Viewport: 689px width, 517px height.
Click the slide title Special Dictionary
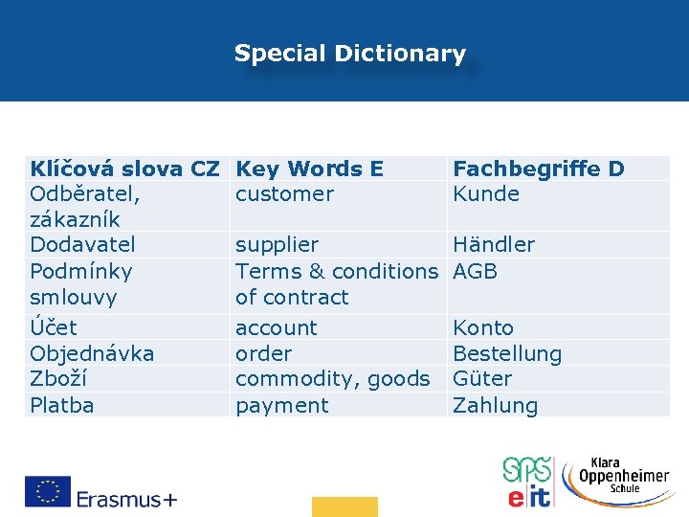tap(350, 54)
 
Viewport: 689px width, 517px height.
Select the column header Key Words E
tap(309, 169)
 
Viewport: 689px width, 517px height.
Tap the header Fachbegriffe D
tap(538, 169)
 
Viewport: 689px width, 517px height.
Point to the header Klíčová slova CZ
tap(124, 169)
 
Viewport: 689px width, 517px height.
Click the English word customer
tap(284, 194)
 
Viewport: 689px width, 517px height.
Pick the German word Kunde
tap(486, 194)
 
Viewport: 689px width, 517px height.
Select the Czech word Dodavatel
tap(82, 245)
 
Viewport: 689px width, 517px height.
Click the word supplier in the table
tap(277, 245)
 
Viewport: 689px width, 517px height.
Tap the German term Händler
tap(494, 245)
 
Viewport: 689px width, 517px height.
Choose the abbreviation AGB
tap(476, 271)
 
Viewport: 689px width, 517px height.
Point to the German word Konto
tap(483, 327)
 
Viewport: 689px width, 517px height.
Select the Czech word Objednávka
tap(92, 353)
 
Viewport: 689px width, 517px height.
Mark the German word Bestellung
tap(507, 353)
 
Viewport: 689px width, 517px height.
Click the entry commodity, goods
tap(332, 379)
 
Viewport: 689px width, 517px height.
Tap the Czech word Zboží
tap(60, 379)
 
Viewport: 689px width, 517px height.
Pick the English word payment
tap(281, 405)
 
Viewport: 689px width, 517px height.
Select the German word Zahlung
tap(495, 405)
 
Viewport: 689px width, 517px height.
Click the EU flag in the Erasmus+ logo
tap(48, 491)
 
